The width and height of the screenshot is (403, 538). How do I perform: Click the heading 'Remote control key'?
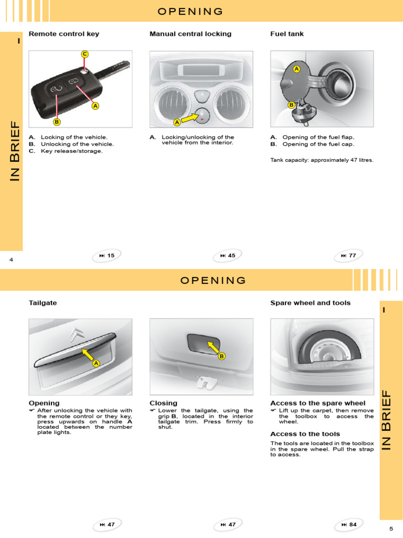(63, 34)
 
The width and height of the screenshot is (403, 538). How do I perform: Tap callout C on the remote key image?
(84, 54)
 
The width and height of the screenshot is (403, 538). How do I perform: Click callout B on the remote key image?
(57, 122)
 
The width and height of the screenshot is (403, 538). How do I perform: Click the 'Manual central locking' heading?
(190, 34)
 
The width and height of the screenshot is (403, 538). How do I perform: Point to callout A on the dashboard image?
(177, 122)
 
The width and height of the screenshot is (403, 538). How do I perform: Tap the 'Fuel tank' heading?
(287, 34)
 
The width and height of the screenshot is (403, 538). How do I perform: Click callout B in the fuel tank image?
(291, 105)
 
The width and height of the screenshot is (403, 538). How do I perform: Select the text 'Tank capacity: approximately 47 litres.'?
(322, 160)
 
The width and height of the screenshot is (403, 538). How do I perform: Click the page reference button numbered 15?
(107, 256)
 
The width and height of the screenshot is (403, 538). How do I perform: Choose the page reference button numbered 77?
(348, 256)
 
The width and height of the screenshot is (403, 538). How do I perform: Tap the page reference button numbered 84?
(348, 524)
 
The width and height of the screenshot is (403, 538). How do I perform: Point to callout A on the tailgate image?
(96, 364)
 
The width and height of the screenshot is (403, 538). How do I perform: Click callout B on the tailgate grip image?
(221, 356)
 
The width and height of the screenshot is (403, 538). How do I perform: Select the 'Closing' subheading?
(163, 403)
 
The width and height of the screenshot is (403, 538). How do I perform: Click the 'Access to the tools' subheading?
(305, 434)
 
